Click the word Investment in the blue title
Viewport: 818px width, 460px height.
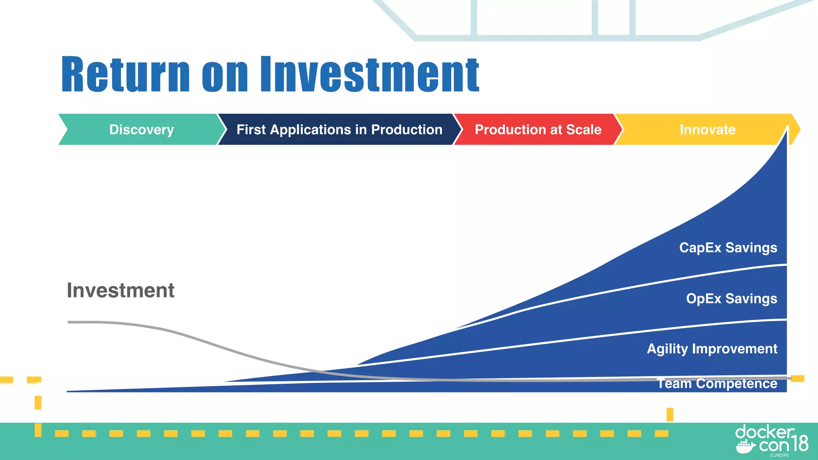click(x=369, y=75)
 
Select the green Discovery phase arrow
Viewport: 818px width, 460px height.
click(x=141, y=129)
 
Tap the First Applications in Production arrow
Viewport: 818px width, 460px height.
click(x=339, y=129)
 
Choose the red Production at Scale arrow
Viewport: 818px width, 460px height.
click(x=538, y=129)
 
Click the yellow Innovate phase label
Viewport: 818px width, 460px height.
click(x=707, y=129)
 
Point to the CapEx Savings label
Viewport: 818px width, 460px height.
click(x=728, y=248)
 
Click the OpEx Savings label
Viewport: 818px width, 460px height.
click(x=731, y=299)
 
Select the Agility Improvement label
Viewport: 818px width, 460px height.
click(x=712, y=349)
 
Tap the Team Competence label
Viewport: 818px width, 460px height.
click(x=717, y=384)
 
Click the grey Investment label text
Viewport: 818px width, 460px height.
click(x=120, y=290)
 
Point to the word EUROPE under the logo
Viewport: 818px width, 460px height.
click(x=779, y=455)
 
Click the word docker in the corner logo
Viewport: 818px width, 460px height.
click(x=764, y=432)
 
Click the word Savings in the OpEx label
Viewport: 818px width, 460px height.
click(x=751, y=299)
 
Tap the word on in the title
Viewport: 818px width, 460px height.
click(x=225, y=75)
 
